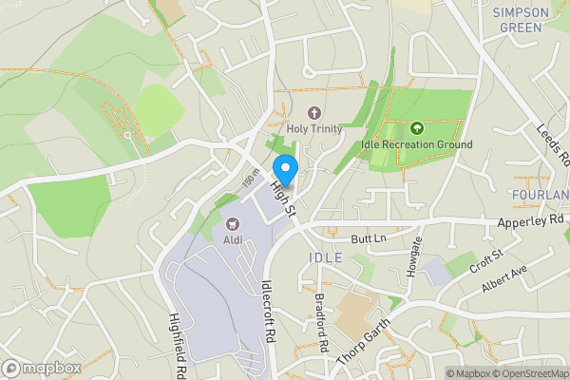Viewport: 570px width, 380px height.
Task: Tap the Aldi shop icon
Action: [232, 224]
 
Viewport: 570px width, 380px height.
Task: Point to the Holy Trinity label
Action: [313, 128]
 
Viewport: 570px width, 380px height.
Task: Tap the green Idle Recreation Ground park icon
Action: [416, 128]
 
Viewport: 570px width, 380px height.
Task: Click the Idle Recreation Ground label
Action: [416, 144]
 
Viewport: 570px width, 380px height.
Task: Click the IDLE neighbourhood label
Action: [321, 257]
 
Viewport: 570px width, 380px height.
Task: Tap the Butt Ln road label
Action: [369, 237]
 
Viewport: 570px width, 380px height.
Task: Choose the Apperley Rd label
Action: [531, 219]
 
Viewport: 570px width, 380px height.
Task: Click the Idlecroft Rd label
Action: [268, 310]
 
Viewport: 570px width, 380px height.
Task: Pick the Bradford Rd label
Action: [323, 323]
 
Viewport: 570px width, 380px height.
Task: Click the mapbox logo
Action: [41, 368]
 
